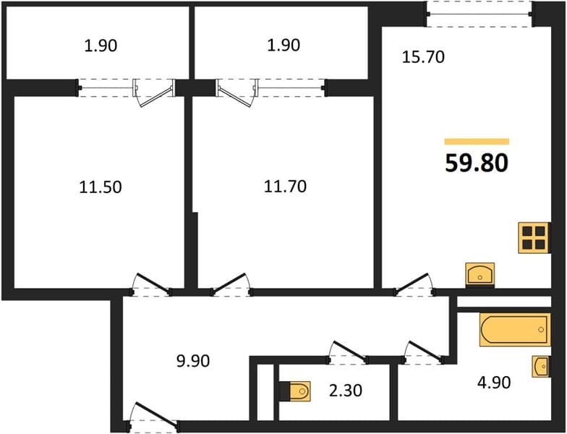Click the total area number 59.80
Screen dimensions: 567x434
pyautogui.click(x=477, y=163)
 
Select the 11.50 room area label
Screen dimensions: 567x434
pyautogui.click(x=101, y=187)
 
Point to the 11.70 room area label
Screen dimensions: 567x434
pyautogui.click(x=285, y=187)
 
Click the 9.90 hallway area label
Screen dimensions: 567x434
pyautogui.click(x=193, y=361)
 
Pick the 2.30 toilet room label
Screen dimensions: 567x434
pyautogui.click(x=346, y=391)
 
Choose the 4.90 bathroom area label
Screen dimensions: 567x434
pyautogui.click(x=494, y=383)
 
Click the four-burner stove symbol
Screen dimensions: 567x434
pyautogui.click(x=534, y=237)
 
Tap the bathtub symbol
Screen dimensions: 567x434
pyautogui.click(x=515, y=330)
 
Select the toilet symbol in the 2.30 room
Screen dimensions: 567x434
pyautogui.click(x=295, y=391)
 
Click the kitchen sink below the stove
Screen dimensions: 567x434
pyautogui.click(x=480, y=273)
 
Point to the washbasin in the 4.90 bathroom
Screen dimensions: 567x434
pyautogui.click(x=541, y=367)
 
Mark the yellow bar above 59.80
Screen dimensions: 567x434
pyautogui.click(x=477, y=142)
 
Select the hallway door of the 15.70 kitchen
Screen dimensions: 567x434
pyautogui.click(x=414, y=284)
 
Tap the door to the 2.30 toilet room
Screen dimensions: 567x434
pyautogui.click(x=348, y=352)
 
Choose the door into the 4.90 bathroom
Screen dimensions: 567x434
pyautogui.click(x=424, y=352)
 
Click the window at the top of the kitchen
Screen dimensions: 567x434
pyautogui.click(x=479, y=14)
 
